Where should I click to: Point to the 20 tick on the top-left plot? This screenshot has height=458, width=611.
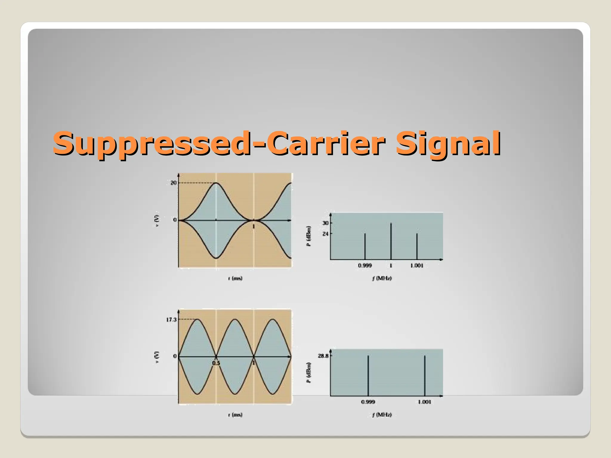click(173, 183)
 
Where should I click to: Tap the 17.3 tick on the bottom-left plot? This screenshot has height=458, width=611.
click(171, 320)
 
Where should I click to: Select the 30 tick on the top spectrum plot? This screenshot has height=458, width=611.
click(325, 223)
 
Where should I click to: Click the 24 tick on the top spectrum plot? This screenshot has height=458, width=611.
click(325, 234)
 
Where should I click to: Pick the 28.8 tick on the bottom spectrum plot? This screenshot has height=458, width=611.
click(323, 356)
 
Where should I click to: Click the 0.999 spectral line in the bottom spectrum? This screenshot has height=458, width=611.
click(368, 376)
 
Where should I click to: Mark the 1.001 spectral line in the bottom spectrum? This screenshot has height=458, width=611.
click(425, 376)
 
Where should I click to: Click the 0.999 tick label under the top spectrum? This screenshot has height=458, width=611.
click(365, 266)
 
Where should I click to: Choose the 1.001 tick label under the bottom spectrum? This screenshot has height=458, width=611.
click(424, 402)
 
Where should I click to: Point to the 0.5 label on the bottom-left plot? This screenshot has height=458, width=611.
click(216, 363)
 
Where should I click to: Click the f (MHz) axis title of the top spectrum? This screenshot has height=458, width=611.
click(382, 278)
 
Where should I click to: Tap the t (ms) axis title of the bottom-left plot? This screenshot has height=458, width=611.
click(235, 415)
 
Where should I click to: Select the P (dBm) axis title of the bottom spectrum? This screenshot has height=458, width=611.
click(309, 373)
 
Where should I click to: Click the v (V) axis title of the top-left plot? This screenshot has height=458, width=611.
click(157, 221)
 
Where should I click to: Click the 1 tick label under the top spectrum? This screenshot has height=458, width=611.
click(391, 266)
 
